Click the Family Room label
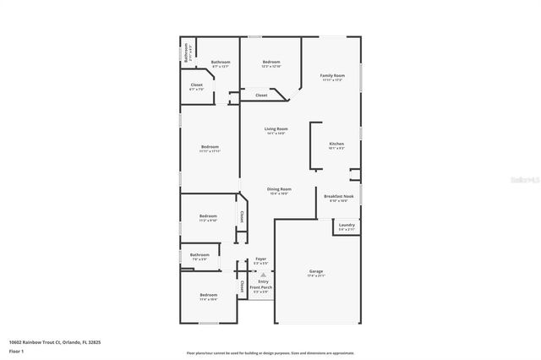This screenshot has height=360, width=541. [332, 76]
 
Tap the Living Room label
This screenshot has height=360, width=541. [276, 129]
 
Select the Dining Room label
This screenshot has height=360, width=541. [280, 188]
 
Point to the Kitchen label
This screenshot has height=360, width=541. [336, 144]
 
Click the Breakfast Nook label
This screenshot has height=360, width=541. [339, 196]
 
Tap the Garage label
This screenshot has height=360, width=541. [316, 271]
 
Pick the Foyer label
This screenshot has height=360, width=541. [261, 259]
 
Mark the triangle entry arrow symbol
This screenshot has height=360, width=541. [263, 275]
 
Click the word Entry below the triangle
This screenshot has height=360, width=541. [263, 281]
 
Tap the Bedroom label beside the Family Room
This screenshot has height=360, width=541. [271, 62]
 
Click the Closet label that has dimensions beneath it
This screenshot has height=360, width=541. [196, 85]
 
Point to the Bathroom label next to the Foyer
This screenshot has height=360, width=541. [199, 254]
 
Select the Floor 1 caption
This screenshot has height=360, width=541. [16, 350]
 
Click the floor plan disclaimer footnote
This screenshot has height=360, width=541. [270, 353]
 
